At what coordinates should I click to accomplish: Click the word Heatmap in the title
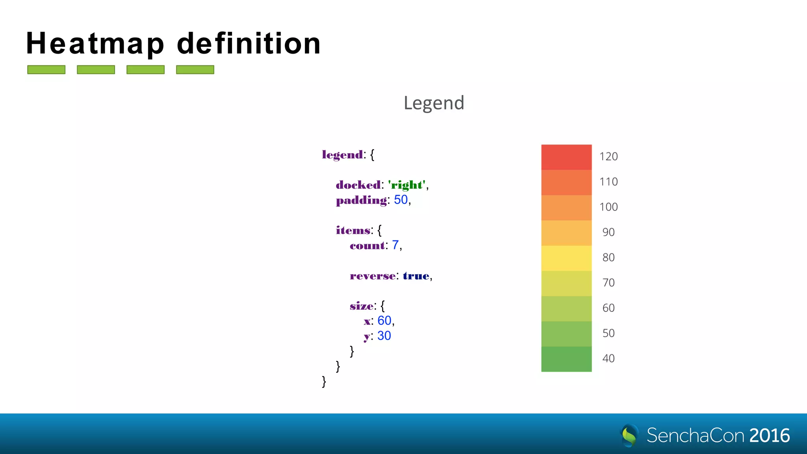(x=95, y=44)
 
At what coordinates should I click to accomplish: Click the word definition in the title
(x=249, y=43)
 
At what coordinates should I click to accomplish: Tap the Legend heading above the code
(x=434, y=103)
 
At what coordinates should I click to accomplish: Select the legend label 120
(x=608, y=157)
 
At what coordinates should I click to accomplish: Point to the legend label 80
(x=608, y=258)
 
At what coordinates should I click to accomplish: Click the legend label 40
(x=608, y=359)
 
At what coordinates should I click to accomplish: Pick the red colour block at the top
(x=566, y=157)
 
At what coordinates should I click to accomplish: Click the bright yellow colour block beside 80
(x=566, y=258)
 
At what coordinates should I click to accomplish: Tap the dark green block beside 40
(x=566, y=359)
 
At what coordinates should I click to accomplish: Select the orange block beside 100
(x=566, y=208)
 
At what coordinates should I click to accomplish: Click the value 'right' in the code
(x=407, y=185)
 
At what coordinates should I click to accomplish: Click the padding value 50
(x=401, y=200)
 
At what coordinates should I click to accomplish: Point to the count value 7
(x=395, y=245)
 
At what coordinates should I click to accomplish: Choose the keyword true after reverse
(x=416, y=275)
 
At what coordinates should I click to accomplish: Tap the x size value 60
(x=384, y=320)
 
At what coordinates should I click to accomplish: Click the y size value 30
(x=384, y=335)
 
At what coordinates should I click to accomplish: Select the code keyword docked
(x=358, y=185)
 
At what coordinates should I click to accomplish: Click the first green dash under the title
(x=46, y=70)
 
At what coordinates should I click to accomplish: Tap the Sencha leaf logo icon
(x=629, y=435)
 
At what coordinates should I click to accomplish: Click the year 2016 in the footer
(x=770, y=435)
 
